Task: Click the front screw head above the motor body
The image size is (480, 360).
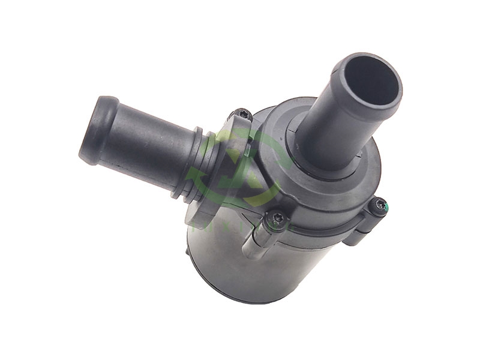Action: point(277,220)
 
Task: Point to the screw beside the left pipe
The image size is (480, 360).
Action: point(242,114)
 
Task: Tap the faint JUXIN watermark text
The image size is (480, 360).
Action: point(240,225)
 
